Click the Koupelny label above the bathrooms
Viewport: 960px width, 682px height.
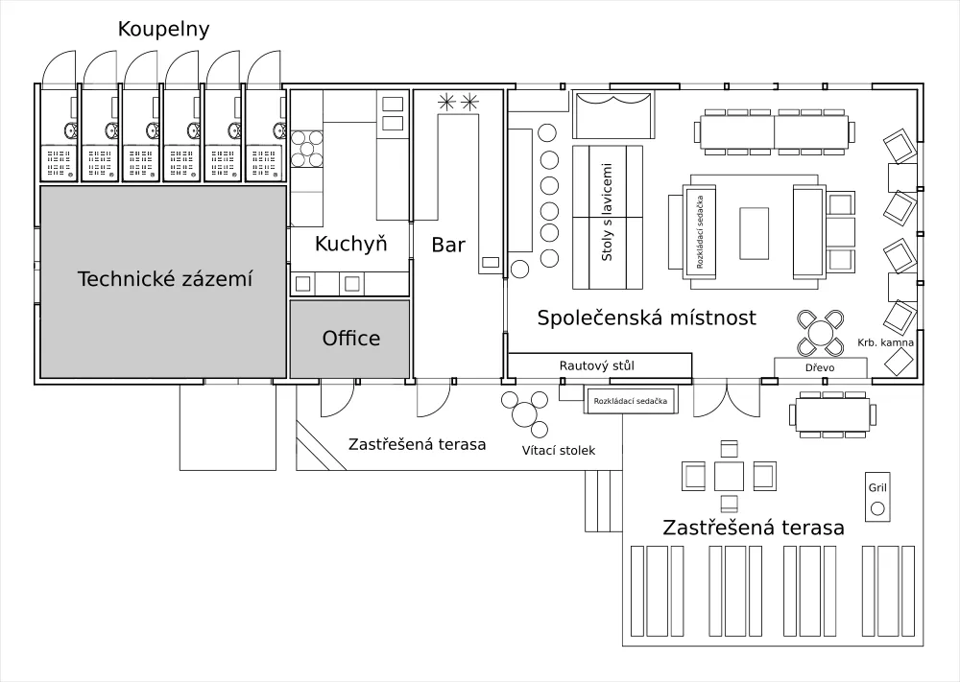point(163,29)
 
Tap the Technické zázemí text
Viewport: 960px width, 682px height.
point(164,280)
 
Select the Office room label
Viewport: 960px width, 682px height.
point(351,338)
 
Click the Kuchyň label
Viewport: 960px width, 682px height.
point(350,244)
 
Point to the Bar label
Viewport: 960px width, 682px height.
point(448,245)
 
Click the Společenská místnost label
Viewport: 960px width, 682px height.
point(647,317)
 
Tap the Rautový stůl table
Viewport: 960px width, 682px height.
point(599,365)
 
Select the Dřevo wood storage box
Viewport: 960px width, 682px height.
point(821,367)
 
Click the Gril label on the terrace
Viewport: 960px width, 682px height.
point(877,487)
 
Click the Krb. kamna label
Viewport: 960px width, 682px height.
point(886,341)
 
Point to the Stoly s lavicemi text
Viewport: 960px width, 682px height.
point(608,218)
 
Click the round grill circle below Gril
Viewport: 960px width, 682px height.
point(877,507)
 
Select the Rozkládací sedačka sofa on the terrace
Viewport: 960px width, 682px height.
point(631,401)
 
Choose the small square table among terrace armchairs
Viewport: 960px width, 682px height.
point(729,474)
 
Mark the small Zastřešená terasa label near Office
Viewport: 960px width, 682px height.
point(417,444)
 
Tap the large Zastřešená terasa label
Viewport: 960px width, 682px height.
point(754,528)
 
